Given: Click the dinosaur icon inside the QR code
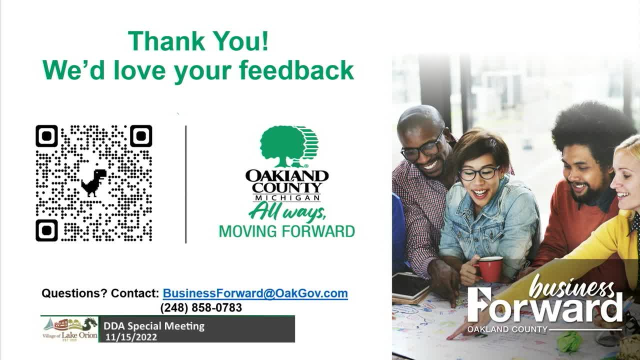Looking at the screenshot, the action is coord(93,183).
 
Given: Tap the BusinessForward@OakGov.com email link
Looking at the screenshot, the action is coord(255,293).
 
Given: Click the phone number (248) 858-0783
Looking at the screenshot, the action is coord(201,307).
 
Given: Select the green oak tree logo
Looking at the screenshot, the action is coord(289,146).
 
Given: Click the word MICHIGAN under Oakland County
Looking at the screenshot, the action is coord(287,197).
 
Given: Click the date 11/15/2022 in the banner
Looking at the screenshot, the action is coord(131,337).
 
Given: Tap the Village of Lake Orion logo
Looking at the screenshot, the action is coord(69,329).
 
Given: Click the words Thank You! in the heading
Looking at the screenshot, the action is coord(198,41).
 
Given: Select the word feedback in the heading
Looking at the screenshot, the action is coord(296,70).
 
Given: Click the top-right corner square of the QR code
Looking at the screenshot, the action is coord(141,136).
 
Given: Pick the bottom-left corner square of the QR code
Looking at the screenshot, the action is coord(46,230).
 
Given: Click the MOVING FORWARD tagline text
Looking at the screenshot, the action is coord(287,231).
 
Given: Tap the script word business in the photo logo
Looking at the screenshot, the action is coord(571,287).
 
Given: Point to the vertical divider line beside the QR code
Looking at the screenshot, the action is coord(186,184).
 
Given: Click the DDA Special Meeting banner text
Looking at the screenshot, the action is coord(154,326).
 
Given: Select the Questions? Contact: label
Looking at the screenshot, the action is coord(100,293).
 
